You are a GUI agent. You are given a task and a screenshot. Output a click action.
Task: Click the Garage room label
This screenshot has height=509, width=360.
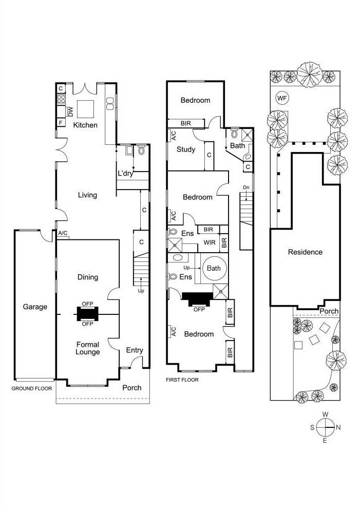tap(35, 307)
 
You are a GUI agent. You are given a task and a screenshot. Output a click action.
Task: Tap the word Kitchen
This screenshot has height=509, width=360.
tap(85, 125)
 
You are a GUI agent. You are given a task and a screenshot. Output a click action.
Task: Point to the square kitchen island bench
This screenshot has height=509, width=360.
tap(85, 108)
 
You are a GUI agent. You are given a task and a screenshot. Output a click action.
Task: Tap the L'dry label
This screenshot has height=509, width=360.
tap(126, 174)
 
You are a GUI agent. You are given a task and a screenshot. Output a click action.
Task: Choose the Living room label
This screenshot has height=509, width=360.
tap(87, 195)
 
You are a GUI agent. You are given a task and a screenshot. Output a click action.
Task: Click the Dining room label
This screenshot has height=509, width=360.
tap(87, 277)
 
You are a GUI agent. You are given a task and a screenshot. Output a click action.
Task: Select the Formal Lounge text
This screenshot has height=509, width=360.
tap(87, 348)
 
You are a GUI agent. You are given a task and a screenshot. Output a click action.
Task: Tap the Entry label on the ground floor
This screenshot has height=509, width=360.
tap(135, 350)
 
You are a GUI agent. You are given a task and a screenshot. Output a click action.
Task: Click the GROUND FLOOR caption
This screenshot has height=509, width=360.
tap(32, 389)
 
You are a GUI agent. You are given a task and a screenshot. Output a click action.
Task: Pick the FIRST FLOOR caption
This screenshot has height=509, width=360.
tap(182, 380)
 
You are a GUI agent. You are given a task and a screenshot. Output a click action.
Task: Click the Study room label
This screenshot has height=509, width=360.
tap(185, 150)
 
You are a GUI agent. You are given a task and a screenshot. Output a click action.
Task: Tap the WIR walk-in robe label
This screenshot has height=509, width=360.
tap(209, 242)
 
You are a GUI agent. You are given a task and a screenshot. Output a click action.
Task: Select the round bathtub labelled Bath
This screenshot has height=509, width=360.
tap(213, 268)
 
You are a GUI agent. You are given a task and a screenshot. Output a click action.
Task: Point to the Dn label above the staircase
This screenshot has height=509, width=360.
tap(246, 186)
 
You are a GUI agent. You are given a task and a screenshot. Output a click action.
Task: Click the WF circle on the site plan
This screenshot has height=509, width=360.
tap(282, 98)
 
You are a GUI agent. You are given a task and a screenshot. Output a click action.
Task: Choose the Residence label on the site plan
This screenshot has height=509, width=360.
tap(305, 252)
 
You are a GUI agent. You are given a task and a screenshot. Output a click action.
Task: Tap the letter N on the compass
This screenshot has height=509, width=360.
tap(337, 427)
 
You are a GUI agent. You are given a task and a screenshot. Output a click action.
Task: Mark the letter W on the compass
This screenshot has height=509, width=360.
tap(325, 414)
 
